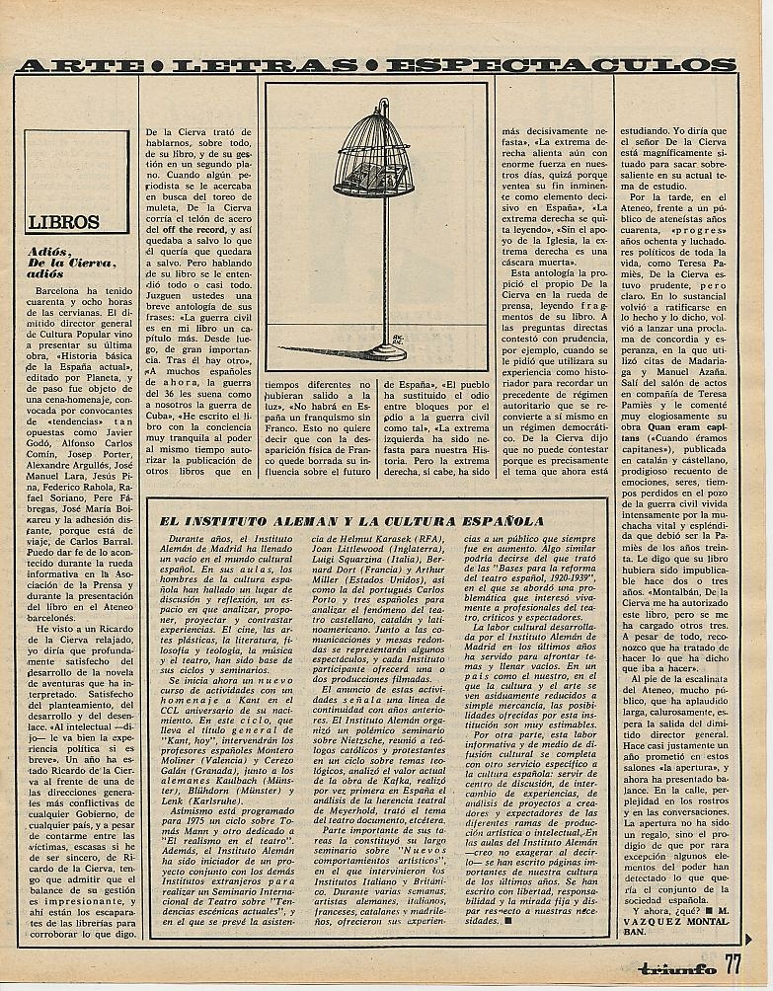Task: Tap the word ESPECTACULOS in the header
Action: click(x=560, y=65)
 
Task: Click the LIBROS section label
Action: click(x=64, y=222)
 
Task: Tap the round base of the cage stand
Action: click(x=376, y=349)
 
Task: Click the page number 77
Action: click(x=733, y=964)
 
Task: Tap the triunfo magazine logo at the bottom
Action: click(x=674, y=968)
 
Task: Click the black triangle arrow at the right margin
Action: click(x=749, y=939)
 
